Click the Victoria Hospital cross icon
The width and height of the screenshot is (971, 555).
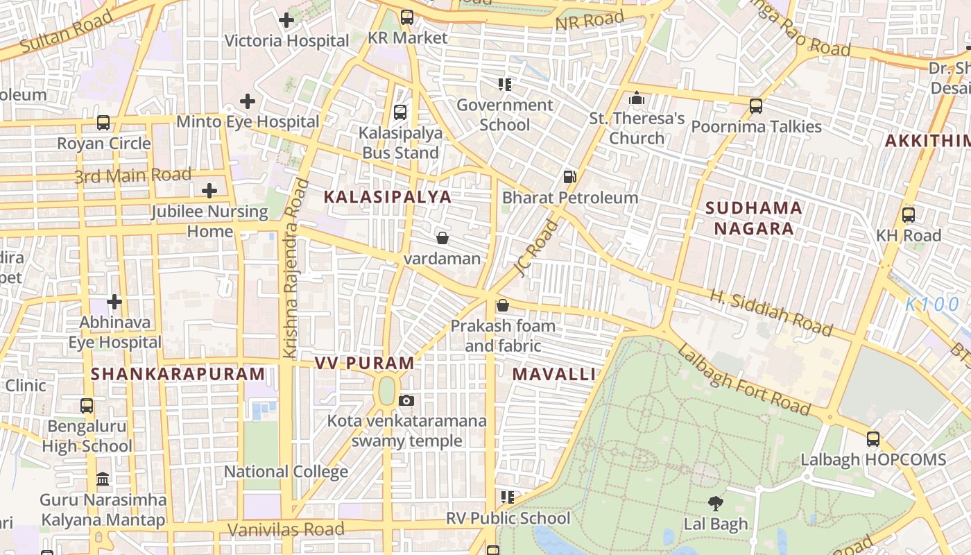tap(286, 20)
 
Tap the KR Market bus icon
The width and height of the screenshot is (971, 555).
tap(407, 17)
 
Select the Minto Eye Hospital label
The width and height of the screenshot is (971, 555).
tap(248, 122)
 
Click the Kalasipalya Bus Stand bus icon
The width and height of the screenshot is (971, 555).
tap(400, 112)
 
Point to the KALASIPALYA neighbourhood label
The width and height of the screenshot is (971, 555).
tap(388, 197)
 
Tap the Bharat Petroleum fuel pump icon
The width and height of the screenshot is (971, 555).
tap(569, 177)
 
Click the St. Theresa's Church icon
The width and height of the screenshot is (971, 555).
tap(637, 98)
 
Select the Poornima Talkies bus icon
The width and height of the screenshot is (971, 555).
tap(756, 106)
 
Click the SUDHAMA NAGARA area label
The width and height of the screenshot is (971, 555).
tap(754, 218)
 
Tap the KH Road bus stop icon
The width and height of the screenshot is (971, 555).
tap(909, 215)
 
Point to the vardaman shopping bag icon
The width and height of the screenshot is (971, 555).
tap(442, 239)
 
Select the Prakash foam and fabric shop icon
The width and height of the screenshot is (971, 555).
tap(503, 305)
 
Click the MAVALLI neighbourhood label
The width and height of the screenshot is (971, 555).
tap(553, 375)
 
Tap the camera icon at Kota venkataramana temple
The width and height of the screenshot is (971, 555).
tap(406, 400)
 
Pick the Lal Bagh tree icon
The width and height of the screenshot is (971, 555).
tap(716, 503)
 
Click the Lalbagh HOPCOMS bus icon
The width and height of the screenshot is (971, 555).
tap(873, 439)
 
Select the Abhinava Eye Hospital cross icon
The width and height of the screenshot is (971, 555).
tap(114, 302)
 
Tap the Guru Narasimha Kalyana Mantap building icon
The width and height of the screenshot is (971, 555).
tap(103, 479)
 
